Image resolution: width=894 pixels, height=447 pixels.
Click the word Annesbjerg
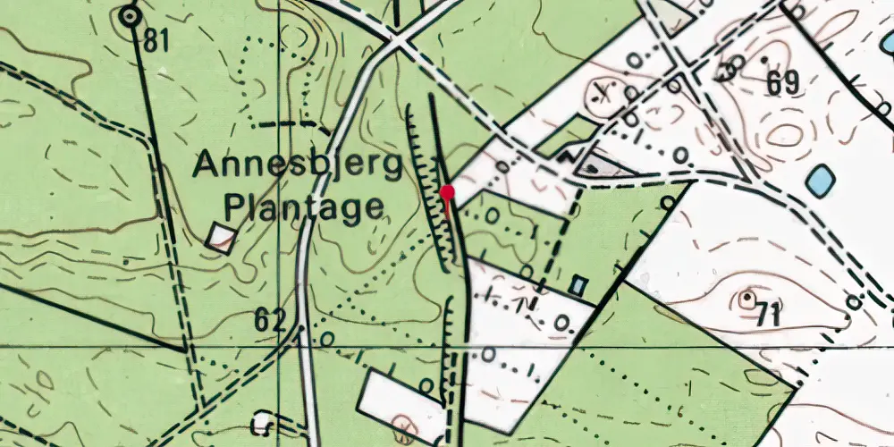point(299,167)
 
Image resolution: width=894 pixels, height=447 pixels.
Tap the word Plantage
point(304,208)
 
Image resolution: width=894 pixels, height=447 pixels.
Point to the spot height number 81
point(156,41)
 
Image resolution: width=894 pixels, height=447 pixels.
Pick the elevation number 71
point(766,315)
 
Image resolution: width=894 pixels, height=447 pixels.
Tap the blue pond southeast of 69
point(821,181)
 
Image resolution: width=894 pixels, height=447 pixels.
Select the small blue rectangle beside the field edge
point(578,285)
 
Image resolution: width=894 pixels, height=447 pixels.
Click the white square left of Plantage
point(221,236)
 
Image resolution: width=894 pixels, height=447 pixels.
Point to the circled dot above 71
point(747,297)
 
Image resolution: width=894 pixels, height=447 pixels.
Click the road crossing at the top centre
point(396,40)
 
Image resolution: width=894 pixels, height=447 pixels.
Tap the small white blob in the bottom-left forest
point(261,420)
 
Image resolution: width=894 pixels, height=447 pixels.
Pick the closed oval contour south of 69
point(784,134)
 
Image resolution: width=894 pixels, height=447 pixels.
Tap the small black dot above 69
point(766,61)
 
